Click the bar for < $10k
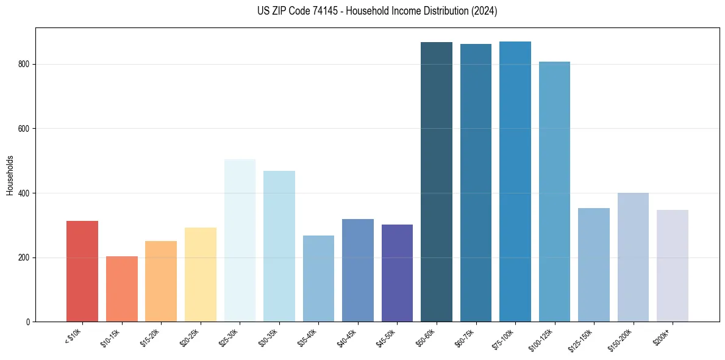pos(82,271)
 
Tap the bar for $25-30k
pos(240,240)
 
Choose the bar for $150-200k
pos(633,257)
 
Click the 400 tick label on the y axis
pos(24,193)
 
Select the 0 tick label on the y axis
pos(29,322)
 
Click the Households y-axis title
pos(10,175)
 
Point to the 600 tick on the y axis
pos(24,129)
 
